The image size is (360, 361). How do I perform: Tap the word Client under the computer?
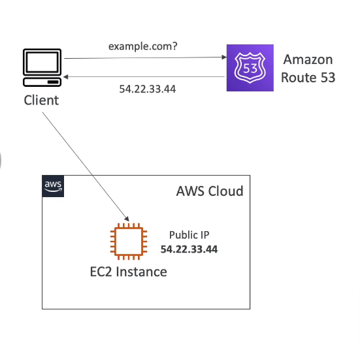[41, 101]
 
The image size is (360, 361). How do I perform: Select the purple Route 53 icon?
[249, 68]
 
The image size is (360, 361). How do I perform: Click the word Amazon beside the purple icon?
[308, 60]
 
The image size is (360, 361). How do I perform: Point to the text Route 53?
[308, 78]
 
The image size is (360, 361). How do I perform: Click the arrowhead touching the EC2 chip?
[128, 219]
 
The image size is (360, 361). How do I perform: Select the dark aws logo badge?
[54, 186]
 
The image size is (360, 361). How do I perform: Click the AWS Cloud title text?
[209, 191]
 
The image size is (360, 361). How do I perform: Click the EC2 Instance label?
[128, 272]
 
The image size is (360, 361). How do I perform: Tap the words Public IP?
[189, 235]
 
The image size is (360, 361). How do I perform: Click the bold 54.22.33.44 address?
[189, 249]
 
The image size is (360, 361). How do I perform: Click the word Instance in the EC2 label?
[142, 272]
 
